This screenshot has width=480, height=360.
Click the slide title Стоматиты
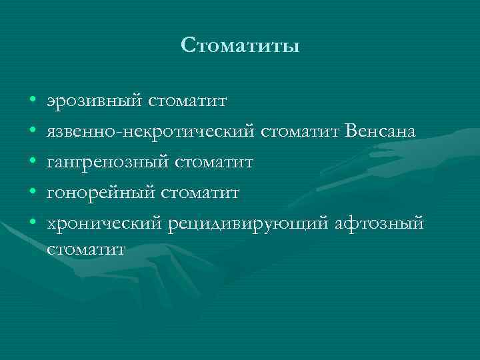[240, 46]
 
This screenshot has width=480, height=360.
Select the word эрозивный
[94, 101]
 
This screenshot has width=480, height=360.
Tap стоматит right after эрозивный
[187, 101]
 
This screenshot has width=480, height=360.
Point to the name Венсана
[381, 132]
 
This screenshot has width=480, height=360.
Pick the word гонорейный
[100, 193]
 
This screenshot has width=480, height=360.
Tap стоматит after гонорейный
[199, 193]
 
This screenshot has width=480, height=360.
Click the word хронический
[104, 224]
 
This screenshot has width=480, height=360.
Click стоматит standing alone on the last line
[86, 249]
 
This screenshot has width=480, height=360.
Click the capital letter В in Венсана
[352, 131]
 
